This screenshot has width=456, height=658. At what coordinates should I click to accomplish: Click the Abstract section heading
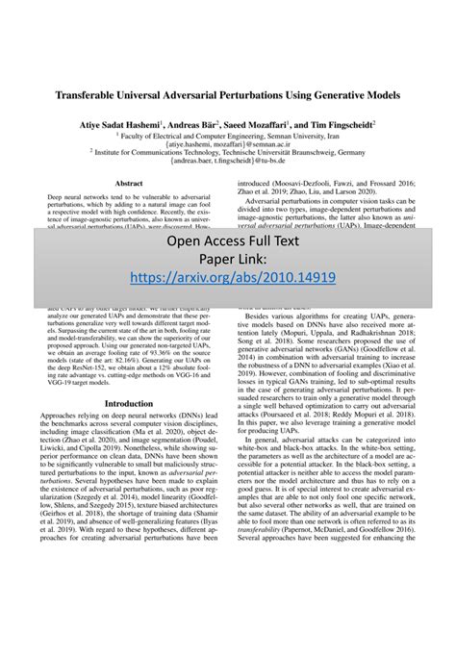[128, 182]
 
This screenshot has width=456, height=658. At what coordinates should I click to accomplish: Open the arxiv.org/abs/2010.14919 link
[227, 276]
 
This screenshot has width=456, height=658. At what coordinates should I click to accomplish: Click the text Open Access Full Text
[227, 240]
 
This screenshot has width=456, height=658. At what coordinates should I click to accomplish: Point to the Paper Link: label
[227, 258]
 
